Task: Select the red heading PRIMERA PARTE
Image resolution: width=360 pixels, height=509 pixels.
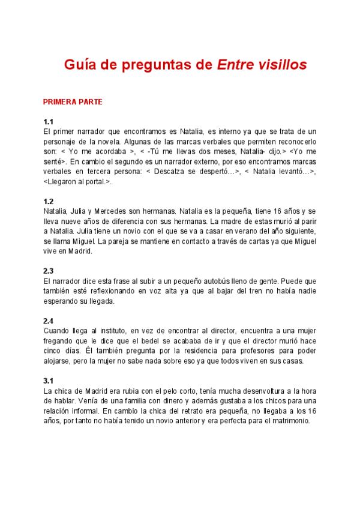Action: coord(73,102)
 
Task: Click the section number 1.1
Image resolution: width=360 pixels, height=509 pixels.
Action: coord(49,122)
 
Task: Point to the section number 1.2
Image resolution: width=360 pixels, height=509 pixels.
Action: coord(49,202)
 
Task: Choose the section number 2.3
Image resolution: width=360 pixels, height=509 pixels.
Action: coord(49,271)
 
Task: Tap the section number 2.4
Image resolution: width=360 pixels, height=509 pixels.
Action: coord(49,321)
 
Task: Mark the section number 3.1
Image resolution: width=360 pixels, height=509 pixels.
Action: coord(49,381)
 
